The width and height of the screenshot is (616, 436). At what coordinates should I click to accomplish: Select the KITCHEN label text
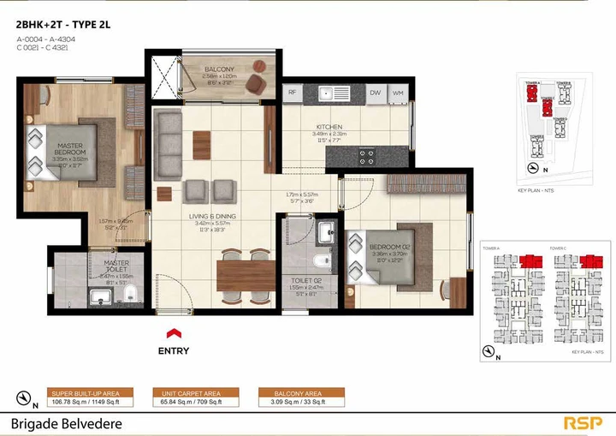(x=328, y=128)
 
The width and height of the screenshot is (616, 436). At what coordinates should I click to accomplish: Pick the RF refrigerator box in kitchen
(x=292, y=92)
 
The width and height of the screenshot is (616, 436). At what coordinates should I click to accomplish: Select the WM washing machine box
(x=398, y=92)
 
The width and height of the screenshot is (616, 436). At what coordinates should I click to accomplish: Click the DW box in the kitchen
(x=375, y=92)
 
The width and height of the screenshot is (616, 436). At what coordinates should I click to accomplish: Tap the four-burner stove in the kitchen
(x=368, y=156)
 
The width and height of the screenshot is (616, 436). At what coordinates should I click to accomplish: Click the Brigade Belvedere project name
(x=67, y=423)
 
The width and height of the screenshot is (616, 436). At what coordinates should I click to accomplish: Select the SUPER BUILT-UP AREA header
(x=91, y=392)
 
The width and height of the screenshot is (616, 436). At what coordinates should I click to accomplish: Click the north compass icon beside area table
(x=25, y=397)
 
